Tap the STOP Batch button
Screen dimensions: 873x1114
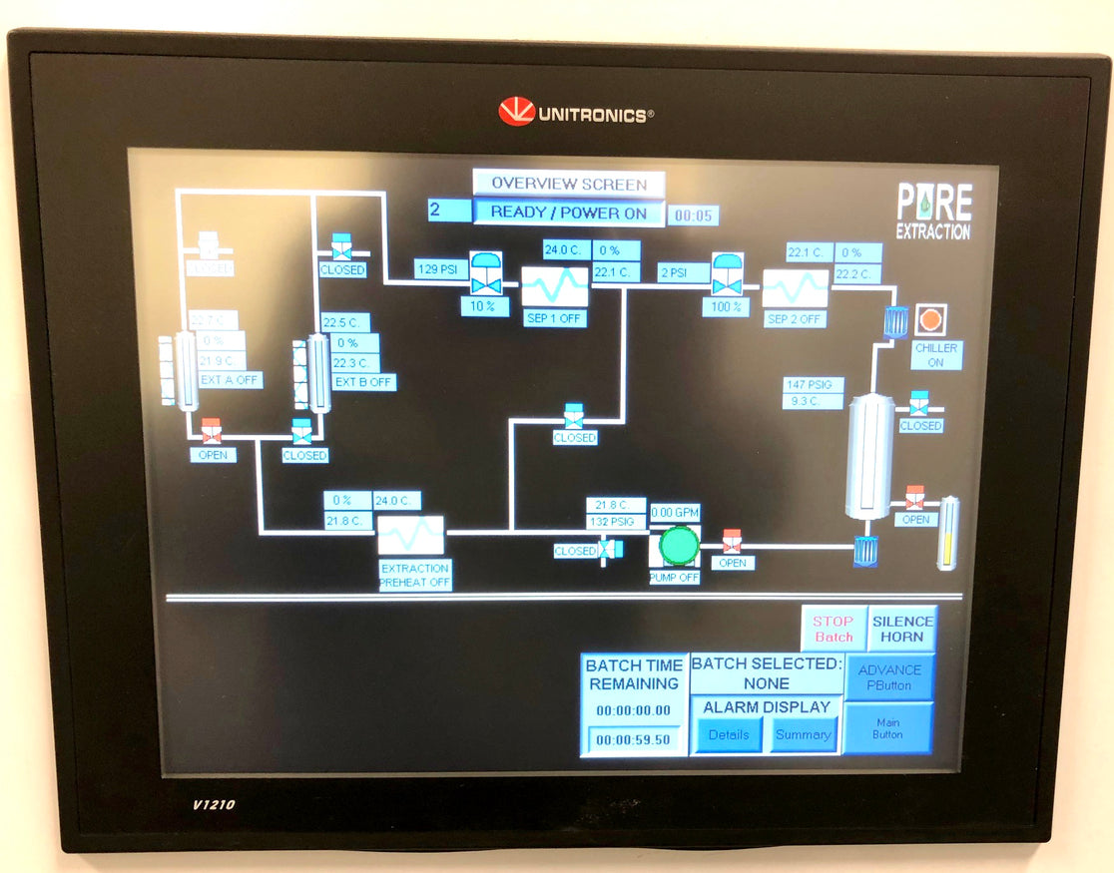click(834, 629)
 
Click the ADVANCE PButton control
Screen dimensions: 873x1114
click(889, 677)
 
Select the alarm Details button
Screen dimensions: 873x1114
click(729, 735)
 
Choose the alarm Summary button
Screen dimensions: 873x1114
click(803, 735)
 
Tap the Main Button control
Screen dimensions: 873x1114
click(888, 728)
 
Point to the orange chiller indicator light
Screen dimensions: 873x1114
click(930, 320)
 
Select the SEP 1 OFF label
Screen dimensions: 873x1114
click(554, 319)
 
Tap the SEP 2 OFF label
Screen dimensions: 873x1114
click(796, 319)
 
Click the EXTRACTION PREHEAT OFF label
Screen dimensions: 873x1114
click(415, 576)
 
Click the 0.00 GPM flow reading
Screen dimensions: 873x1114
click(676, 513)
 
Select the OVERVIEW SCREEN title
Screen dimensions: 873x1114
click(568, 184)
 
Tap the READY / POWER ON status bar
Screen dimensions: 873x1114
click(568, 213)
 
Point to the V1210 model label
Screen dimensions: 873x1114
click(214, 804)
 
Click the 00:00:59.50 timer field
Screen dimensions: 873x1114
click(634, 740)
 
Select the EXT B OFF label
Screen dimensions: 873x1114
click(364, 382)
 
